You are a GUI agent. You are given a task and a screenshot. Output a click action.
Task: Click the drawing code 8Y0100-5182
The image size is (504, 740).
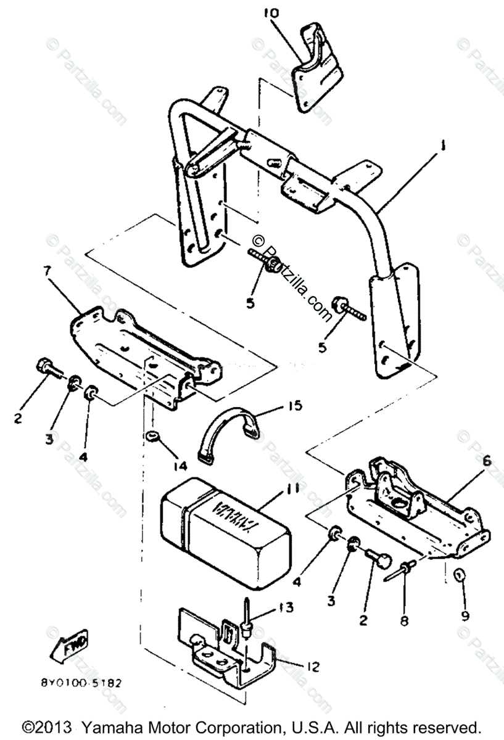coord(80,683)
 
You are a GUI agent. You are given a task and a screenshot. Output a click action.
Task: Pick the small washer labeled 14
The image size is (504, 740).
coord(150,438)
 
